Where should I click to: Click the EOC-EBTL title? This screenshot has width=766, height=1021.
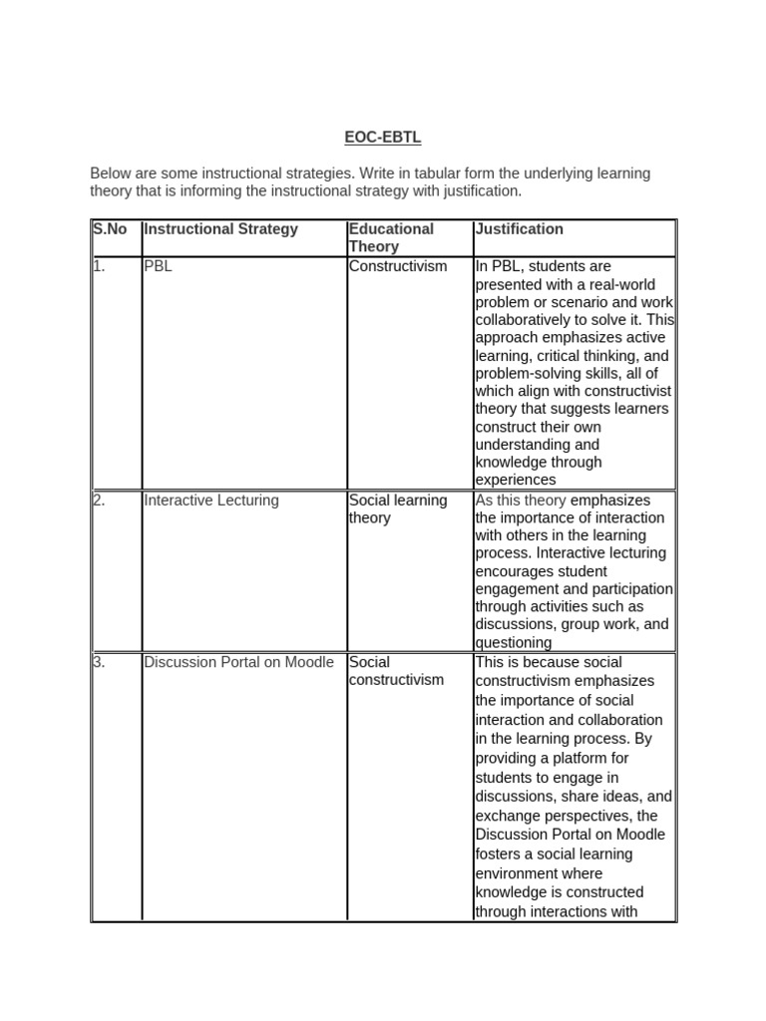(383, 138)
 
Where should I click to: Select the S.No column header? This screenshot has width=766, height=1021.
(110, 229)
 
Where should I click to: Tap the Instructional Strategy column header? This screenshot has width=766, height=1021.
(220, 229)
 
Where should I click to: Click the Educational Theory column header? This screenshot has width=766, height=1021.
(391, 237)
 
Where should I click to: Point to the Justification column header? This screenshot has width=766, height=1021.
(519, 229)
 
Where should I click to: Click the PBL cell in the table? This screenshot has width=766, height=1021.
(158, 266)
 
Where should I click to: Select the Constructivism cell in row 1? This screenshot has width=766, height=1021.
(398, 266)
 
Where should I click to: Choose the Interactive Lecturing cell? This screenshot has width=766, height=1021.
(211, 501)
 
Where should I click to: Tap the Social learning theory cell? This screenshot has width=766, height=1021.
(398, 510)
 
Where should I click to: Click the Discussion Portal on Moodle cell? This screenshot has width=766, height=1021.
(239, 662)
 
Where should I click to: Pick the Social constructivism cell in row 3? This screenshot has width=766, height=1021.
(396, 671)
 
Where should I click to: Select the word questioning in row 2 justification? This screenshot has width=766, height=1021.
(514, 643)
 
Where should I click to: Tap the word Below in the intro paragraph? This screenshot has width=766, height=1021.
(110, 173)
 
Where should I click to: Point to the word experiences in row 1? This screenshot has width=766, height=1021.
(516, 481)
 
